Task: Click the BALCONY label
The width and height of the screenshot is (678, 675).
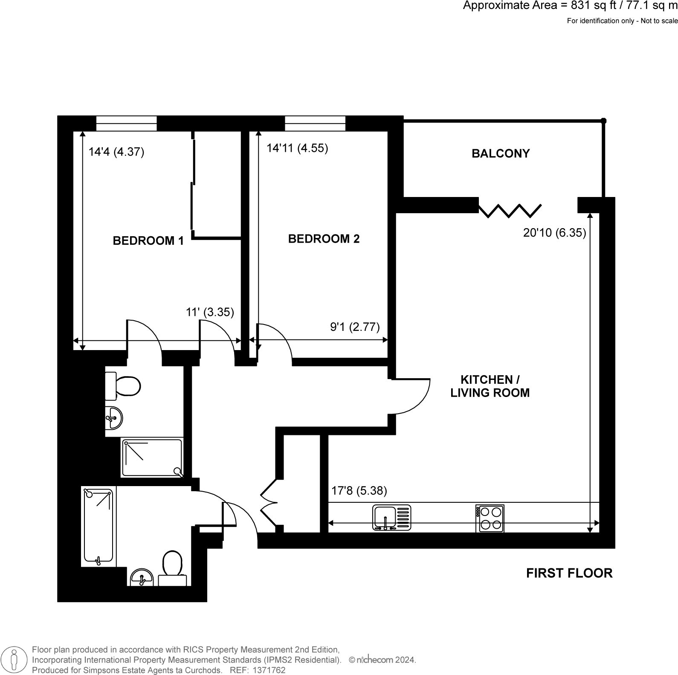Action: coord(500,154)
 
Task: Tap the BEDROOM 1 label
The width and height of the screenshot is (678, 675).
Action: coord(148,241)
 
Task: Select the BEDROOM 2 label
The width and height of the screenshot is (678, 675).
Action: coord(324,239)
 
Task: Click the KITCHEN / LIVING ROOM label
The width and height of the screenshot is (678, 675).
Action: coord(490,386)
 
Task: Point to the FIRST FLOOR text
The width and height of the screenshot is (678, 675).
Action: coord(569,573)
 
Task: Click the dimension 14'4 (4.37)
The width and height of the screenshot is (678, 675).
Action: coord(116,152)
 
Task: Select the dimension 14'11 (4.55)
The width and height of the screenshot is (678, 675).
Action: coord(297,148)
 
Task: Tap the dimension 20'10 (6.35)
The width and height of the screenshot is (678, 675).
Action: coord(554,233)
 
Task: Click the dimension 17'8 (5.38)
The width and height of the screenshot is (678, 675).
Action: coord(359,491)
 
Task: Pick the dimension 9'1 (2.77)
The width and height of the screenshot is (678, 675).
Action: coord(355,327)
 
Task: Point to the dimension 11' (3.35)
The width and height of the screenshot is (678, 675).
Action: coord(210,312)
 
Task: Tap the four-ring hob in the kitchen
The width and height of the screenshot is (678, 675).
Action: coord(490,518)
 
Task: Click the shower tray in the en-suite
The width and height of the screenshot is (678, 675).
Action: coord(152,458)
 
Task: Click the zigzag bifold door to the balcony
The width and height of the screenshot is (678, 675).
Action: coord(510,210)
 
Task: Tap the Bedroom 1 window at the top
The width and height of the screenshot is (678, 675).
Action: coord(126,123)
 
